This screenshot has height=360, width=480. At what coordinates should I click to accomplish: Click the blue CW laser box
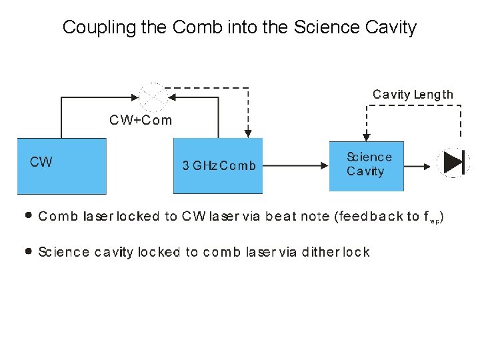[61, 166]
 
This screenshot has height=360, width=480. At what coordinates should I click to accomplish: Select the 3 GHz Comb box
[218, 166]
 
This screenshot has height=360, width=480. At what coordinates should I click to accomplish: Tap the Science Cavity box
[366, 166]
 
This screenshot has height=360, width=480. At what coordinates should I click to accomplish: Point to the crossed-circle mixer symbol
[154, 97]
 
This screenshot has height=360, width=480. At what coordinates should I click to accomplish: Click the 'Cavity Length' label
[413, 95]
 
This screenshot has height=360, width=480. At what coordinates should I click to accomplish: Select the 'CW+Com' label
[141, 121]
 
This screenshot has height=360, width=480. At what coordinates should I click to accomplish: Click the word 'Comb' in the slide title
[197, 27]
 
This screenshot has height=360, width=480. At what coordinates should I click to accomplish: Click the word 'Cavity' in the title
[391, 27]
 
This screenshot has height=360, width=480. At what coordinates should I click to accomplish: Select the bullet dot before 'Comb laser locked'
[28, 216]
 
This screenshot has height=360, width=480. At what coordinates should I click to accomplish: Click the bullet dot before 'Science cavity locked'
[28, 251]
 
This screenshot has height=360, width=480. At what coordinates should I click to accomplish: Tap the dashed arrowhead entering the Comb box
[248, 134]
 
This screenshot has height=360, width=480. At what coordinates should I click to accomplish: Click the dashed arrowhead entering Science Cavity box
[365, 137]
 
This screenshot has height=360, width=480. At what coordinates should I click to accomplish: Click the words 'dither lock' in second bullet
[335, 252]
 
